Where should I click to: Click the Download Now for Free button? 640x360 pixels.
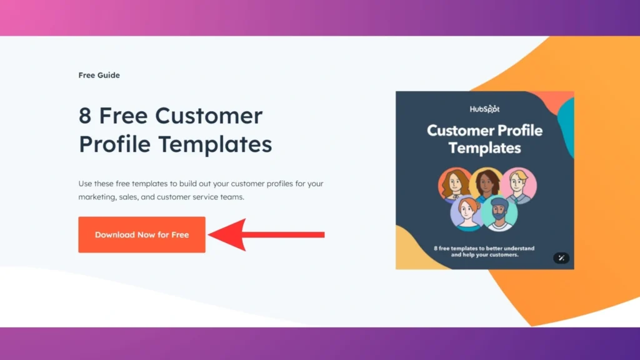click(x=142, y=235)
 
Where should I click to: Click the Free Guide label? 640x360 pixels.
click(x=99, y=75)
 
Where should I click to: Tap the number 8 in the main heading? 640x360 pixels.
click(x=85, y=116)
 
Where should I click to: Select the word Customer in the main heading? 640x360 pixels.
click(x=209, y=116)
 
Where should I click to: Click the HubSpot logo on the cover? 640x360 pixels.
click(x=485, y=109)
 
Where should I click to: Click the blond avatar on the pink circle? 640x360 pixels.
click(x=518, y=186)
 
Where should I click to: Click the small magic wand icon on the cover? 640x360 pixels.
click(x=561, y=257)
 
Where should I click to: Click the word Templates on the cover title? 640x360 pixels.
click(x=484, y=148)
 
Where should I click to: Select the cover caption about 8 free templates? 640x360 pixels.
click(x=484, y=251)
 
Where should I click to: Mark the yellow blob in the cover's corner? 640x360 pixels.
click(x=413, y=252)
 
